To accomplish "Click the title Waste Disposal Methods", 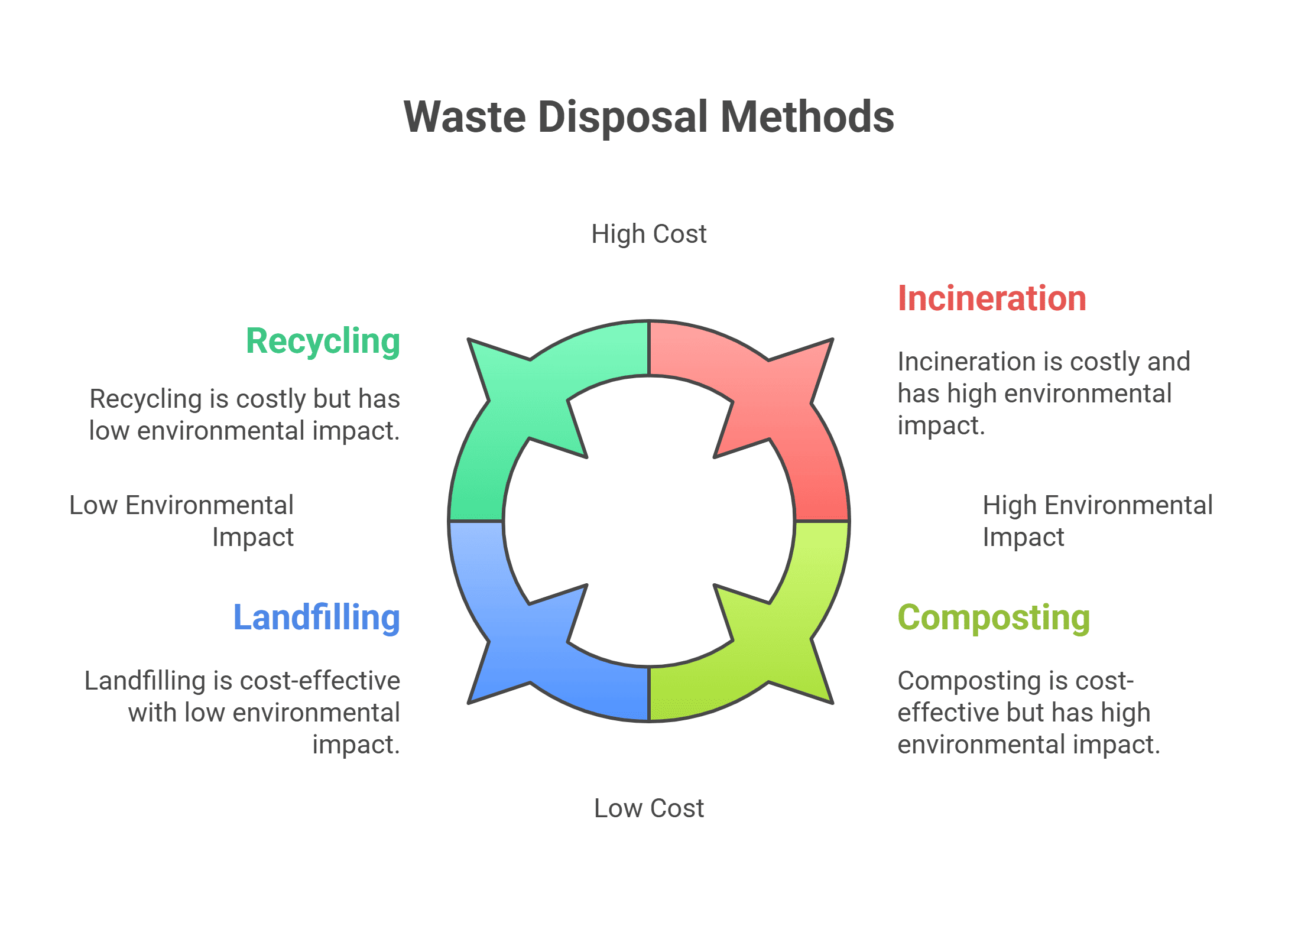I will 648,117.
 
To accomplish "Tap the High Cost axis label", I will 648,234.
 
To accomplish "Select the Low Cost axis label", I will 648,808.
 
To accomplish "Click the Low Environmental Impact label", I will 181,521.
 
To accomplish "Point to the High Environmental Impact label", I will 1097,521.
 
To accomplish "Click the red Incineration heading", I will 991,298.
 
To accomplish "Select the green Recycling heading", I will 323,341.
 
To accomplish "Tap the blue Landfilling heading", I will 317,617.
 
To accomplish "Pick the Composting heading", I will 994,617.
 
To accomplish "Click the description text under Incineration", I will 1043,393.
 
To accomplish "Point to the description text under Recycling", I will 245,414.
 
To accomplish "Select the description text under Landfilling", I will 242,712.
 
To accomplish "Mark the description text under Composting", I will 1028,712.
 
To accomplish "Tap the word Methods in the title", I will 807,117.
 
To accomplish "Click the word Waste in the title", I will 465,117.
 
